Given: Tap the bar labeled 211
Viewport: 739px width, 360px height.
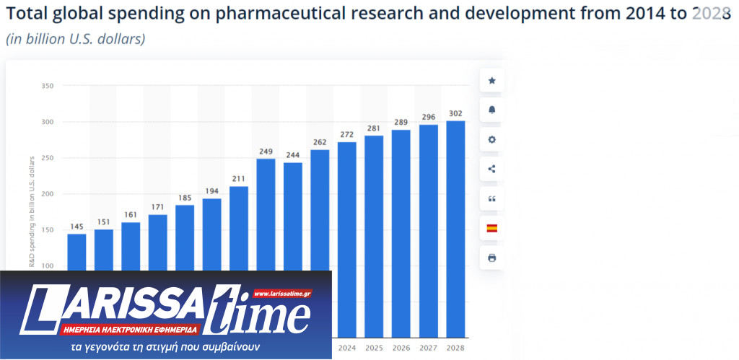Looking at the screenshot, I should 239,228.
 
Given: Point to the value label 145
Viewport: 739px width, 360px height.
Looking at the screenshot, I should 76,227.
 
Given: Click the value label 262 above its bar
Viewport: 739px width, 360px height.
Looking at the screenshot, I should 320,142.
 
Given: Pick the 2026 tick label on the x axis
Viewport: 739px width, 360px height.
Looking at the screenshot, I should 401,348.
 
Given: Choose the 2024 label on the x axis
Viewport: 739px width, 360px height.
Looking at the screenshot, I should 347,348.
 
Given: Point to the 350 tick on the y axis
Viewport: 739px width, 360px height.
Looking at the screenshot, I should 48,86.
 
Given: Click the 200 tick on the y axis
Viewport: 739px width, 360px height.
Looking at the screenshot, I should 48,194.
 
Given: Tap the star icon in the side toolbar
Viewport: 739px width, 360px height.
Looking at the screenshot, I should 492,81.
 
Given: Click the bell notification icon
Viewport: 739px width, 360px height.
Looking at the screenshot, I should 492,110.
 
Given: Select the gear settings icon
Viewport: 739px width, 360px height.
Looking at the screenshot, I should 492,139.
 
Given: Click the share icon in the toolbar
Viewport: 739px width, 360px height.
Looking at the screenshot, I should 492,169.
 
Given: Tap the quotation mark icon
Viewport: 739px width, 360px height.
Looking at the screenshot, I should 492,198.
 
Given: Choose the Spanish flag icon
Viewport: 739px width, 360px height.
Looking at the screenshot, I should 492,228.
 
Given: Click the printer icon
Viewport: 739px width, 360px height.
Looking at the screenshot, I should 492,258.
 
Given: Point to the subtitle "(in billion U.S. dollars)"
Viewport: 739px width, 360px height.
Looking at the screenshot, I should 76,39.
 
